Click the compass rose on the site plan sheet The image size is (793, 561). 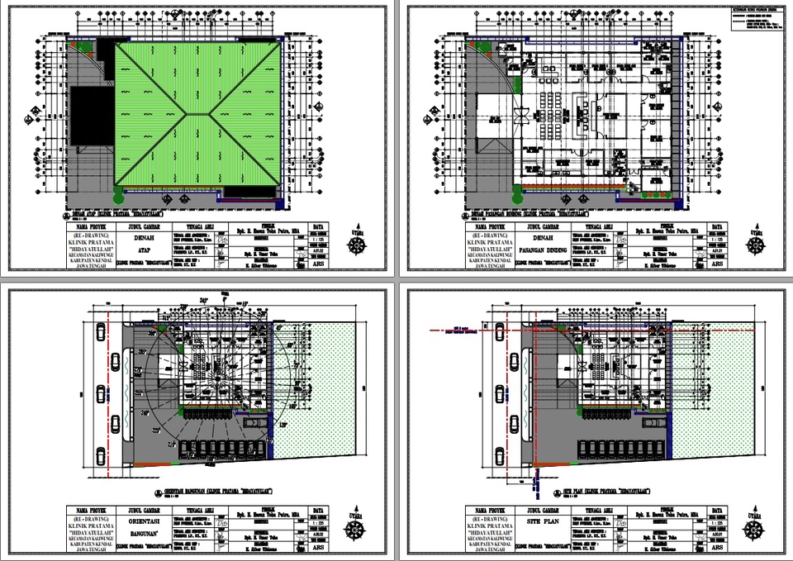(x=754, y=526)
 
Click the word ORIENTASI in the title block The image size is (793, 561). (x=145, y=521)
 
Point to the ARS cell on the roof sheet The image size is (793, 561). (x=320, y=265)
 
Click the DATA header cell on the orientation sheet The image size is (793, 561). (x=320, y=509)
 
